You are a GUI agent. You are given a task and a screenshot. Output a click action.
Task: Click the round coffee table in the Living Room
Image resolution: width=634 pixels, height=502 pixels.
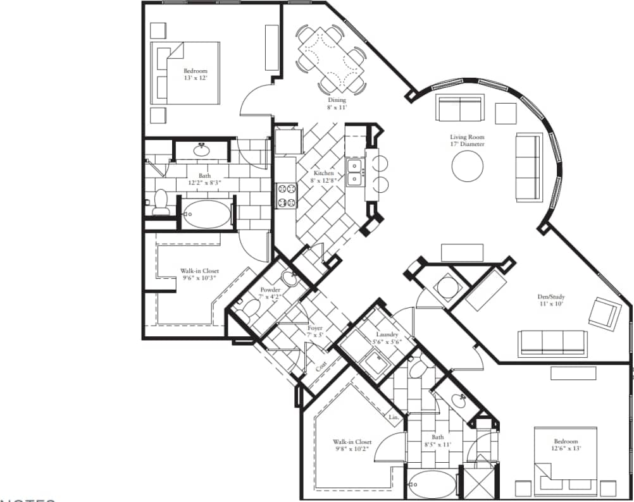point(468,166)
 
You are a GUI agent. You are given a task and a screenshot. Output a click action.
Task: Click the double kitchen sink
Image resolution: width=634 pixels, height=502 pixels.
point(355,172)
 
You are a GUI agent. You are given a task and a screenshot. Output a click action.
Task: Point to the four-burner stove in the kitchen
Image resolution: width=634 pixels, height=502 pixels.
point(286,195)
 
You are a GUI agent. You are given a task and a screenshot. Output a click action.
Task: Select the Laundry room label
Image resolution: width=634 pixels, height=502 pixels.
point(387,334)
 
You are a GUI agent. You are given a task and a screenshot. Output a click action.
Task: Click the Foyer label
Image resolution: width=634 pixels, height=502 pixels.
point(314,328)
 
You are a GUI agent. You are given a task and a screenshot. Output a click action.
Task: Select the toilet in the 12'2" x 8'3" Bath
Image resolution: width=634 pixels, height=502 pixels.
point(161,202)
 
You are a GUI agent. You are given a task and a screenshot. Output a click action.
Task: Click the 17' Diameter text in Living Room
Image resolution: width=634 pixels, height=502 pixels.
point(467,144)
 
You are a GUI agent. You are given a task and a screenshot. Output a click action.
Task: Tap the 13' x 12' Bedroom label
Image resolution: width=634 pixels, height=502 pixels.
point(195,75)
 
